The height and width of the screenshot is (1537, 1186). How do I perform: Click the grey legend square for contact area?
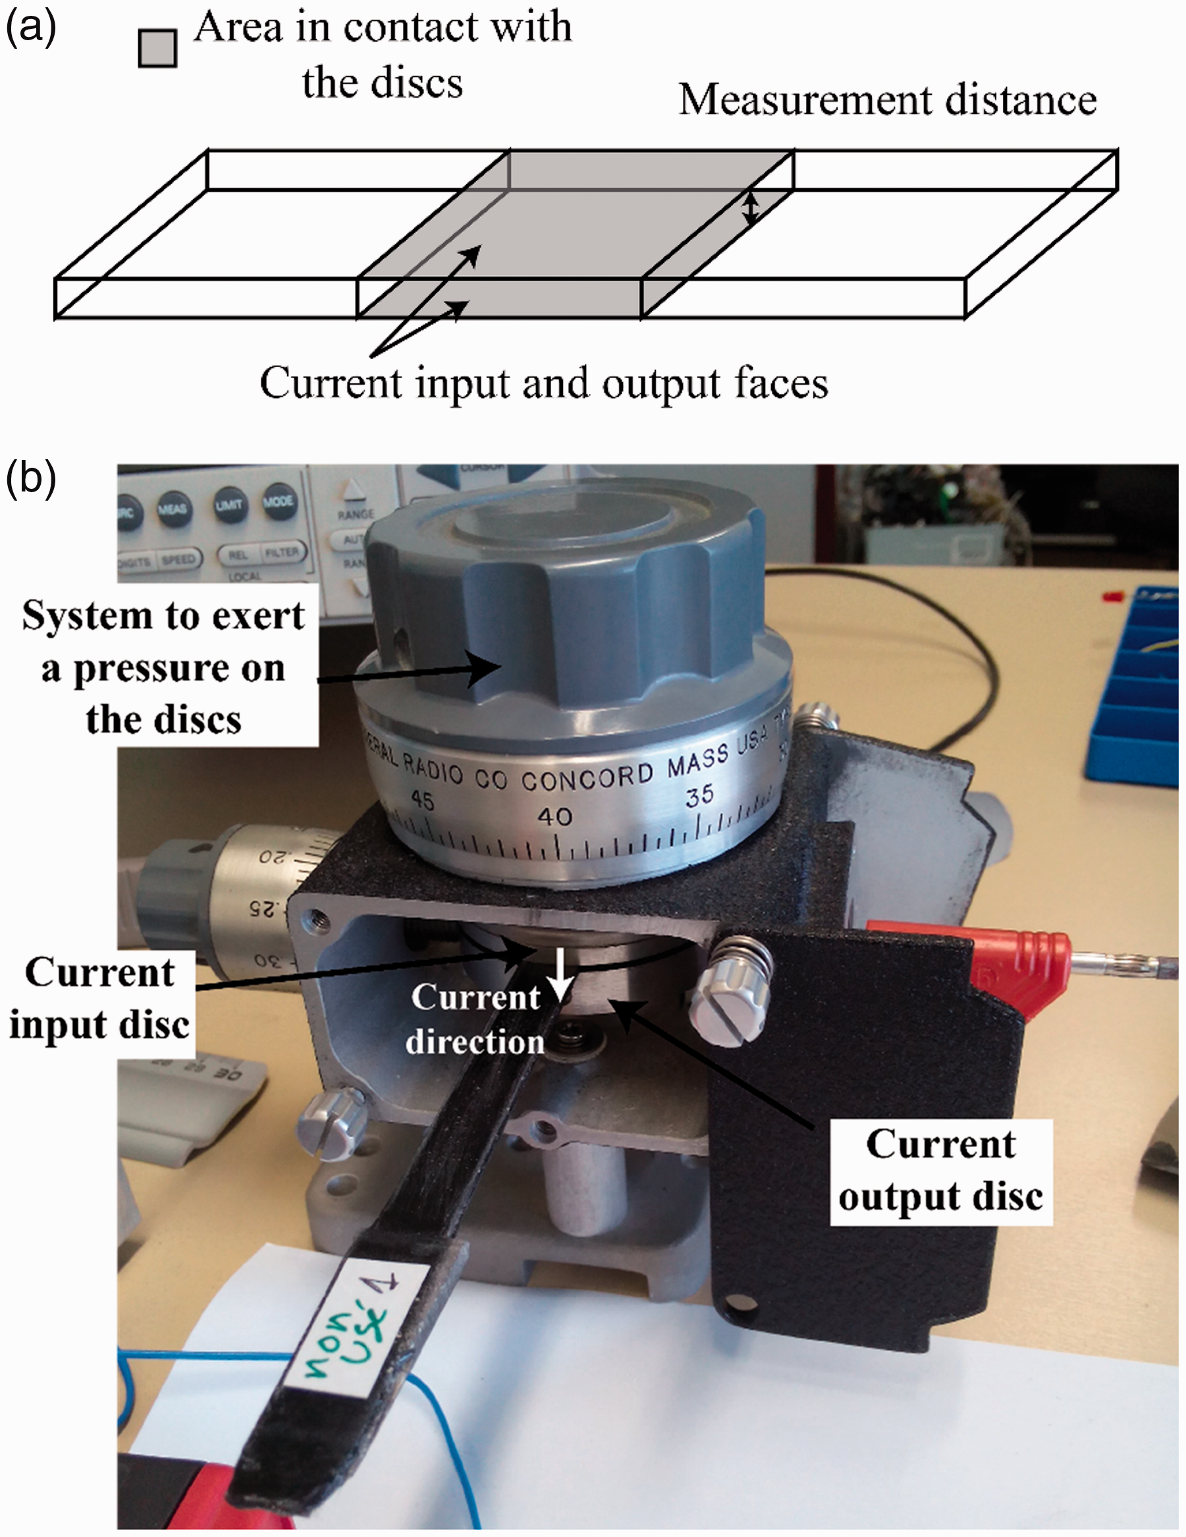157,48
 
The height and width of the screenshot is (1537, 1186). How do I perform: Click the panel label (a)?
30,28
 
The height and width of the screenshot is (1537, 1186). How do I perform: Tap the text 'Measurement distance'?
887,100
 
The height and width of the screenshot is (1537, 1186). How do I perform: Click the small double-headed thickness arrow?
751,209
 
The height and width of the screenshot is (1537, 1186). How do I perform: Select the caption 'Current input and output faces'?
544,383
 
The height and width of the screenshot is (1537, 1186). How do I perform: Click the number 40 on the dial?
554,816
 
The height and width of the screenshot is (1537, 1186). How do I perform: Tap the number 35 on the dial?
699,796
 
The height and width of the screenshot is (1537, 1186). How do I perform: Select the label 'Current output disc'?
940,1171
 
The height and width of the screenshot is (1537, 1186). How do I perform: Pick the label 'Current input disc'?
99,999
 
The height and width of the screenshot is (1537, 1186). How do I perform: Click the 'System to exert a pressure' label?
163,666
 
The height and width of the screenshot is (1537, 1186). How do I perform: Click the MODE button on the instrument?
278,502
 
